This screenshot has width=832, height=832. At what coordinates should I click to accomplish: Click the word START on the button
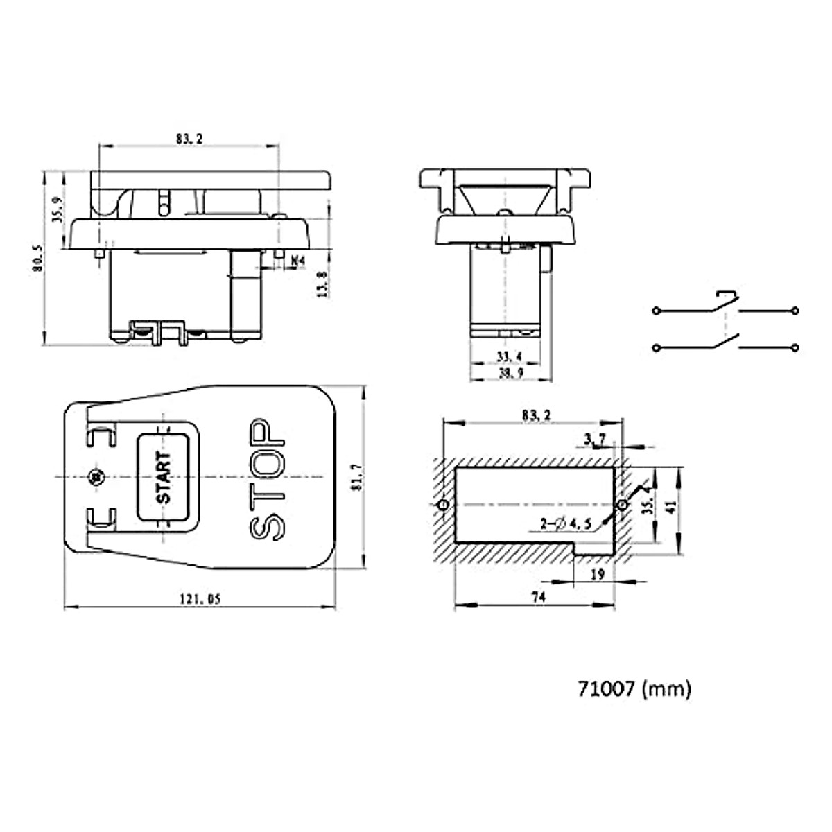pyautogui.click(x=163, y=477)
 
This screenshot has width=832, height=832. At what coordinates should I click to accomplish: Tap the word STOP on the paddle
pyautogui.click(x=266, y=479)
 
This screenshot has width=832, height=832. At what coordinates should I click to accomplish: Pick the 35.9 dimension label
pyautogui.click(x=58, y=208)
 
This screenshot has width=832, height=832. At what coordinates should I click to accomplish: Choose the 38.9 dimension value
pyautogui.click(x=510, y=373)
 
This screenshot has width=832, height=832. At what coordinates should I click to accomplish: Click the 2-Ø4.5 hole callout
pyautogui.click(x=566, y=525)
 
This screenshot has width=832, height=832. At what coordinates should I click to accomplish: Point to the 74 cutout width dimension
pyautogui.click(x=538, y=597)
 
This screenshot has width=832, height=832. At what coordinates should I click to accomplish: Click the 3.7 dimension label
pyautogui.click(x=595, y=438)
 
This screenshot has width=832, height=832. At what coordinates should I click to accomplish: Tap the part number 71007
pyautogui.click(x=606, y=689)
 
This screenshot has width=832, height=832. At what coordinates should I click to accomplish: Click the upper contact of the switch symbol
pyautogui.click(x=725, y=300)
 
